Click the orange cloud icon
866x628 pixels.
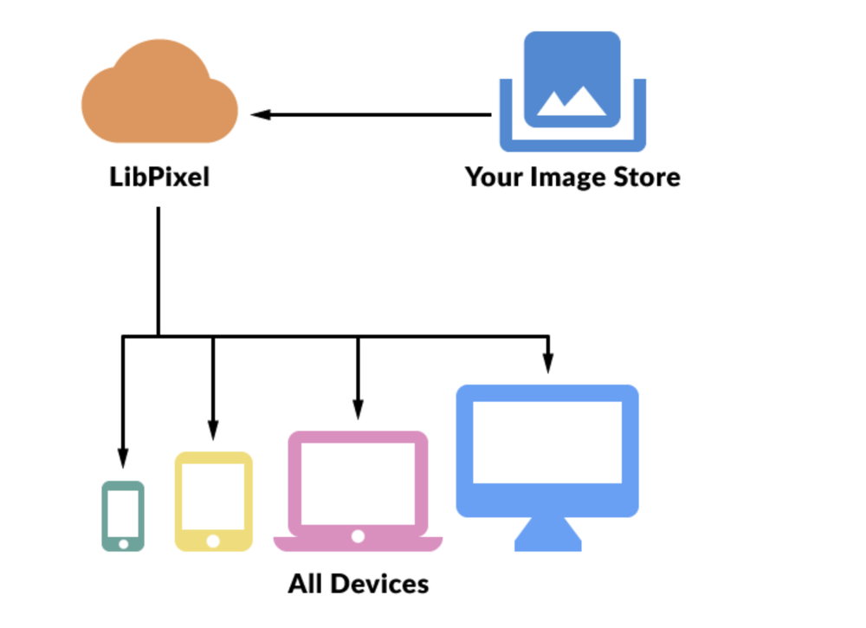(159, 95)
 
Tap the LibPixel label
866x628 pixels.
(159, 178)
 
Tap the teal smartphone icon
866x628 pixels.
(123, 515)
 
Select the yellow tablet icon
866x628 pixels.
(213, 501)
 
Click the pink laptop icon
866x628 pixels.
(358, 490)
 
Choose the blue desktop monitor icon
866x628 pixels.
(547, 450)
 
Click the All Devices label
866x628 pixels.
(359, 583)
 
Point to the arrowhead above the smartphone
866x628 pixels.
(123, 457)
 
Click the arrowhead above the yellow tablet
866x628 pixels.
(213, 430)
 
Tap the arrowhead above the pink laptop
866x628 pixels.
(358, 409)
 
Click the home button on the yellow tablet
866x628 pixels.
(213, 541)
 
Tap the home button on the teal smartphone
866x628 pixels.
(123, 544)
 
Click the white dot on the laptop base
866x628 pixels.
(358, 536)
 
